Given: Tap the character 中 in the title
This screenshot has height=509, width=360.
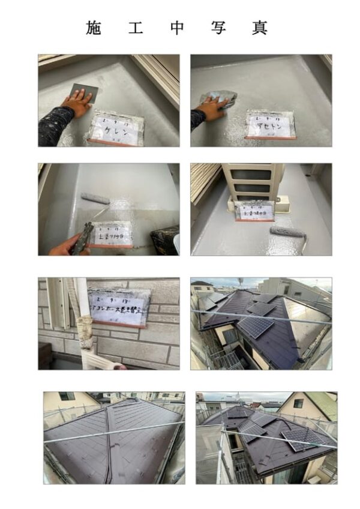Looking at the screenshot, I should pyautogui.click(x=176, y=28).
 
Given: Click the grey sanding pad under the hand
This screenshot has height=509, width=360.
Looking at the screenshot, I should pyautogui.click(x=83, y=92).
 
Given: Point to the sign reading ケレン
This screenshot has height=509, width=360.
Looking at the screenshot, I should pyautogui.click(x=116, y=127).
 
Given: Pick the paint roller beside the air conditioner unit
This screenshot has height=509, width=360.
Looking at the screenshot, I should pyautogui.click(x=287, y=232).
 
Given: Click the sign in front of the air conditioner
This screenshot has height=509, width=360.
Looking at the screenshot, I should pyautogui.click(x=256, y=210).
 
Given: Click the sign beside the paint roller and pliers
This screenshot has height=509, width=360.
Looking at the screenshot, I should pyautogui.click(x=114, y=233).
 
